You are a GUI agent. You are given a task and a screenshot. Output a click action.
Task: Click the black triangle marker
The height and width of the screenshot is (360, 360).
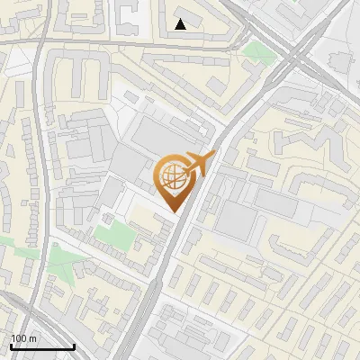181,24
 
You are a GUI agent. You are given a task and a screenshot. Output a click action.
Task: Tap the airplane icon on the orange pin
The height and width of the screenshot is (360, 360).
197,163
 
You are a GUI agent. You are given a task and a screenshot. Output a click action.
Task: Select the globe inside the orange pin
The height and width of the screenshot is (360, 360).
172,177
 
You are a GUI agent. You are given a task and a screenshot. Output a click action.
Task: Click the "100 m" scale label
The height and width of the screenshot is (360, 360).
23,338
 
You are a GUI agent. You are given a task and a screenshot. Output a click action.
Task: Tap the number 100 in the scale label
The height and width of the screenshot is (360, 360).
20,338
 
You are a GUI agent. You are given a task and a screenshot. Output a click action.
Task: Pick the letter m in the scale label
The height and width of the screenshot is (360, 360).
32,338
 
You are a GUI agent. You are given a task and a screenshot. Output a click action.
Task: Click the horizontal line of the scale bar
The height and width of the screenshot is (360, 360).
42,346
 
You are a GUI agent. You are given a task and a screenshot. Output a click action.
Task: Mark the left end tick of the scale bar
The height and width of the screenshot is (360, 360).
11,345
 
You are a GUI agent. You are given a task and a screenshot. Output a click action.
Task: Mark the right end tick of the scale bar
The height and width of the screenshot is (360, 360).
74,345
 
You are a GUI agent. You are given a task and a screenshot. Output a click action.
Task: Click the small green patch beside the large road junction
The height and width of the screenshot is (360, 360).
257,49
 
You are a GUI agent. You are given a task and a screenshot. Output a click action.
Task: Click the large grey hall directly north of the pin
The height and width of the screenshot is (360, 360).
162,135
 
